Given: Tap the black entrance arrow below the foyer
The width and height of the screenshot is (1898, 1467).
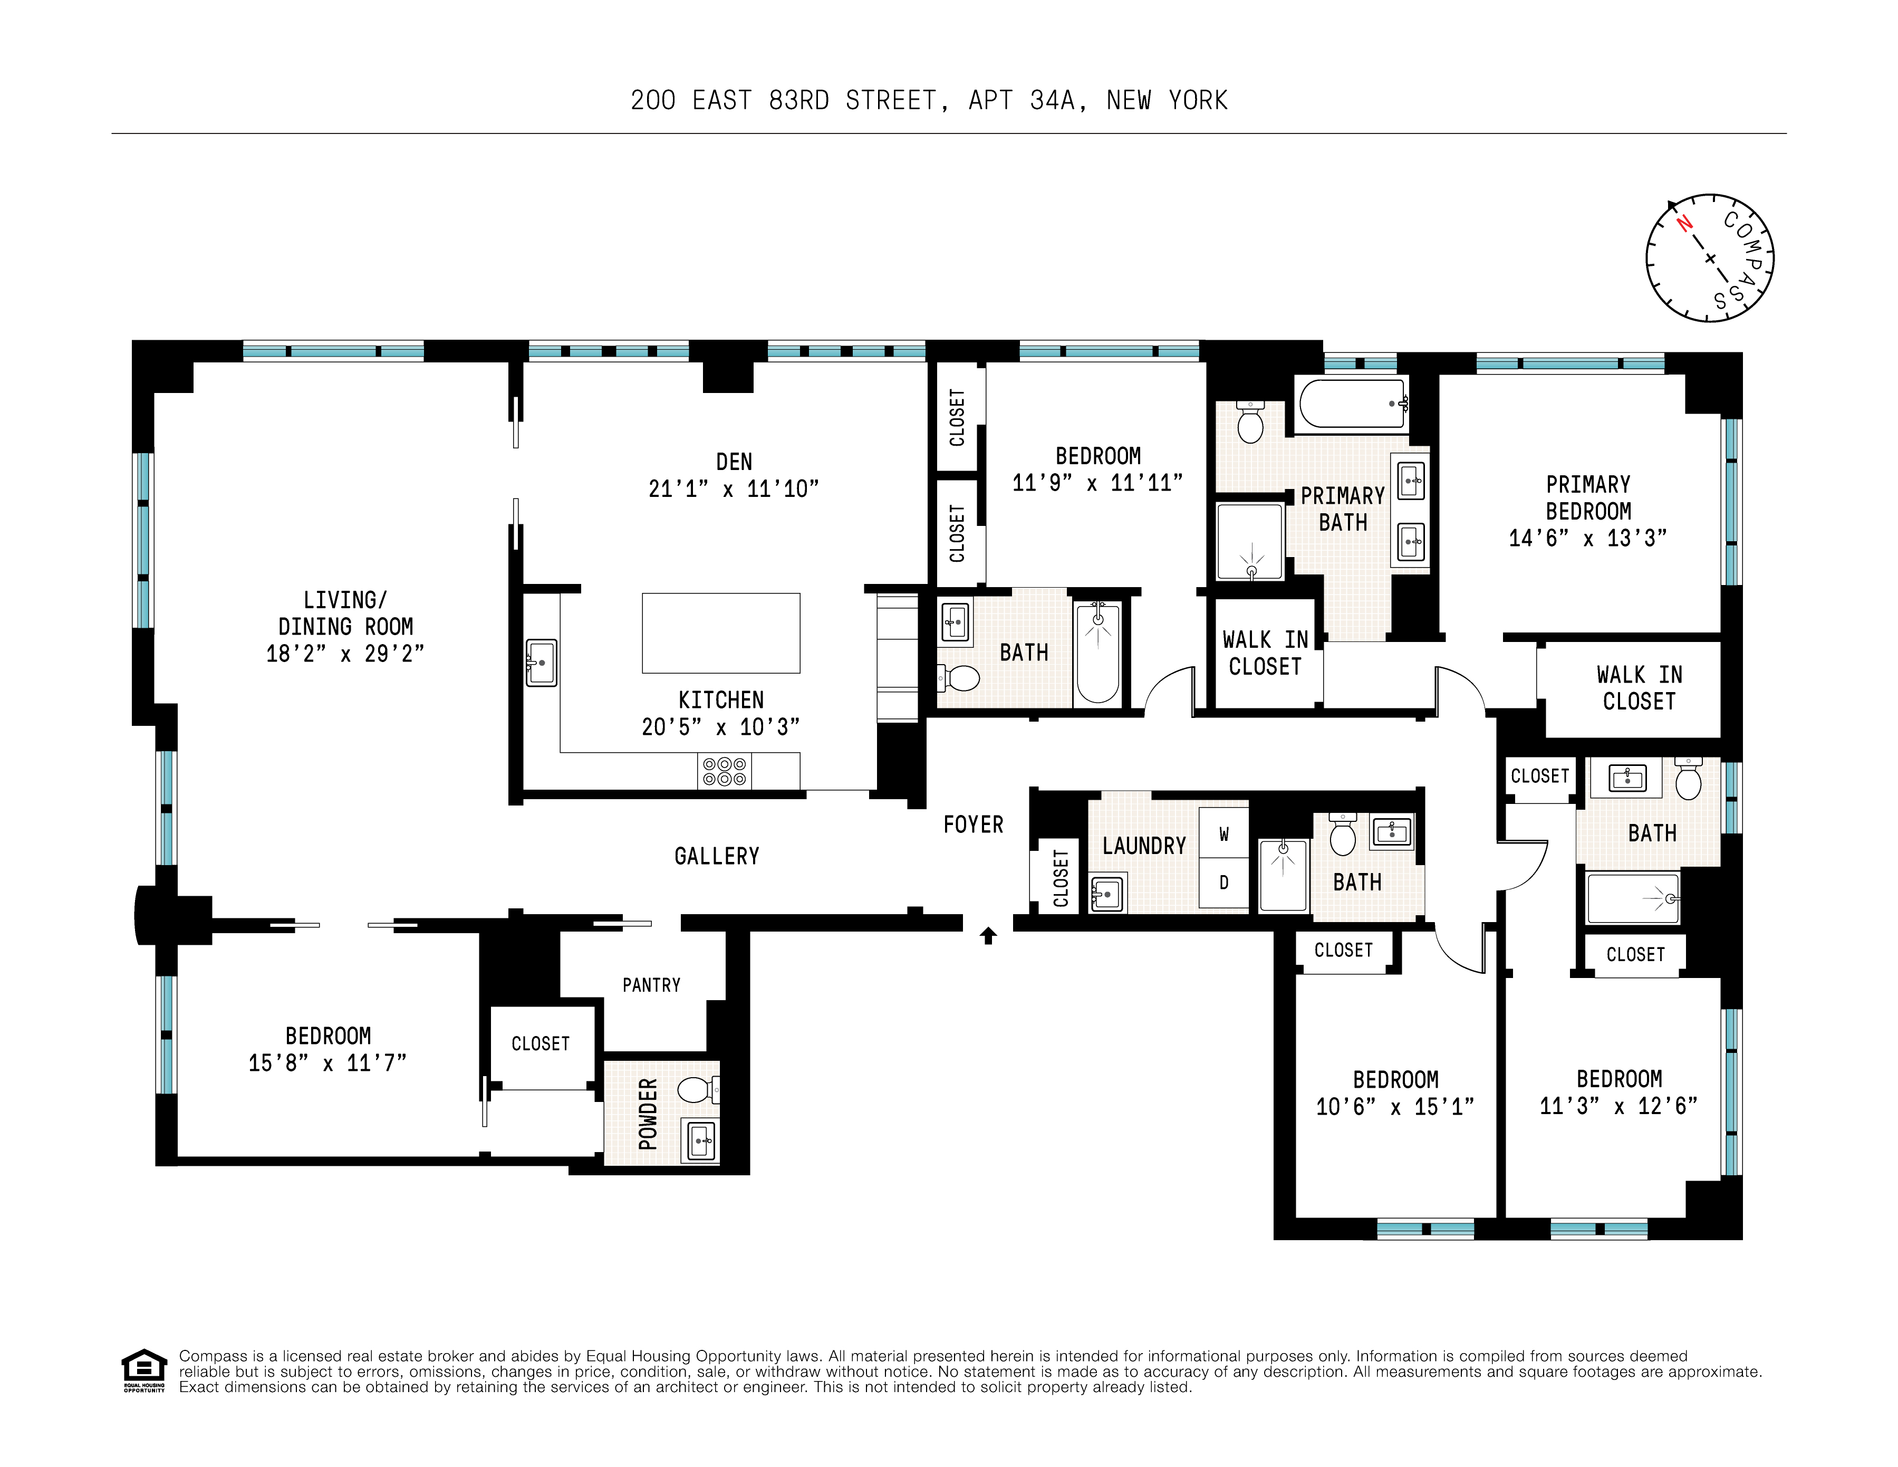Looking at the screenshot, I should pos(988,935).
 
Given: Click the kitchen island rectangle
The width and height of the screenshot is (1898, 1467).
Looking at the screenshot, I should pos(720,632).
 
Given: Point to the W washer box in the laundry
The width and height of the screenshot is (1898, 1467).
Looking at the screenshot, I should pos(1223,835).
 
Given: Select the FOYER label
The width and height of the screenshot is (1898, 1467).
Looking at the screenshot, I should pos(974,824).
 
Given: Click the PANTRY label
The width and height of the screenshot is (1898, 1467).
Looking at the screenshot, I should pos(651,985).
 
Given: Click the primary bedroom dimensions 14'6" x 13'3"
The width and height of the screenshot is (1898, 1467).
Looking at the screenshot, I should pos(1588,539).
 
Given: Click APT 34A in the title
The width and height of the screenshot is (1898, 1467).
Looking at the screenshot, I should pos(1026,101).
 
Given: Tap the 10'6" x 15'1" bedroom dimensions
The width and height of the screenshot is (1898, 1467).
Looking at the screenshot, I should pos(1395,1106).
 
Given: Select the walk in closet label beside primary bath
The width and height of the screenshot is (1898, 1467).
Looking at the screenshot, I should pos(1265,654).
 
